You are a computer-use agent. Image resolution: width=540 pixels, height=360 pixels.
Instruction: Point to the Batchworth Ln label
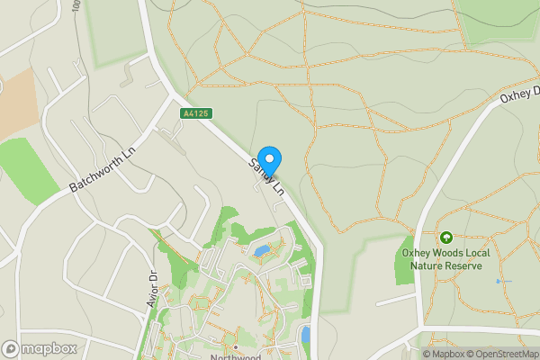(103, 169)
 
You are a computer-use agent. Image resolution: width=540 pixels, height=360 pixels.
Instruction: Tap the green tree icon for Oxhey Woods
(445, 238)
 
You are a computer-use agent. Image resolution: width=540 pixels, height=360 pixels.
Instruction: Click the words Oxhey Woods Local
(446, 254)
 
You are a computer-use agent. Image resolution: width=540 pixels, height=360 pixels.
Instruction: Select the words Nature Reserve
(446, 266)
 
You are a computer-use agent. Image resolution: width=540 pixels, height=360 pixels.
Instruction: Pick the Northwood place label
(236, 356)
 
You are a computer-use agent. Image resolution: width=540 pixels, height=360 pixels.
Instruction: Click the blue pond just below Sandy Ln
(261, 251)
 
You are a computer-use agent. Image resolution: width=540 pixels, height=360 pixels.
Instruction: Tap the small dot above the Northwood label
(236, 346)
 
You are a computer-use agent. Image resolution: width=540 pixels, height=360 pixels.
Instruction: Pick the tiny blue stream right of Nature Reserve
(498, 282)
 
